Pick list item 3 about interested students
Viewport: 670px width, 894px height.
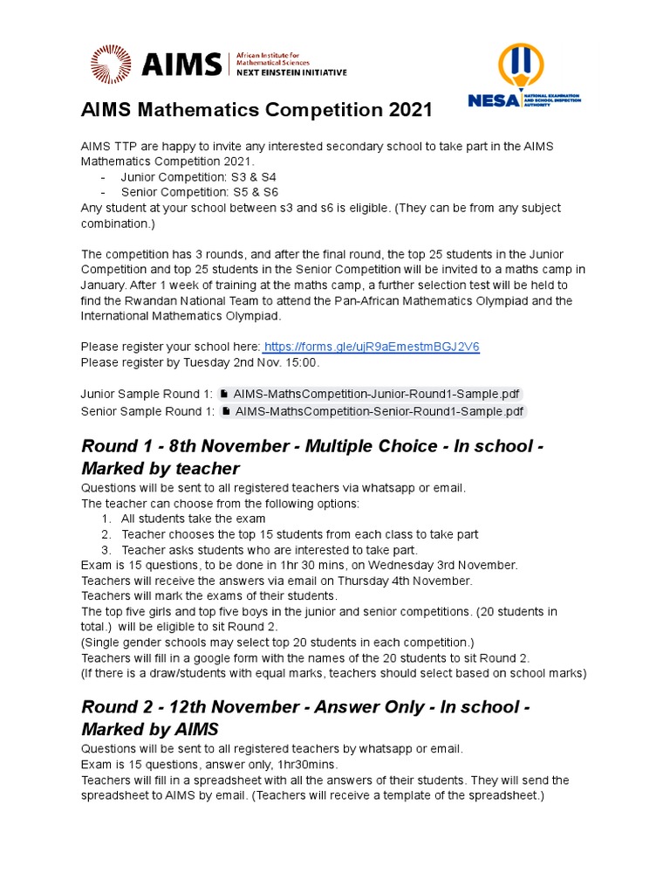point(270,549)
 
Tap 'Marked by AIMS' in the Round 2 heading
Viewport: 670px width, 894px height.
point(149,728)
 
